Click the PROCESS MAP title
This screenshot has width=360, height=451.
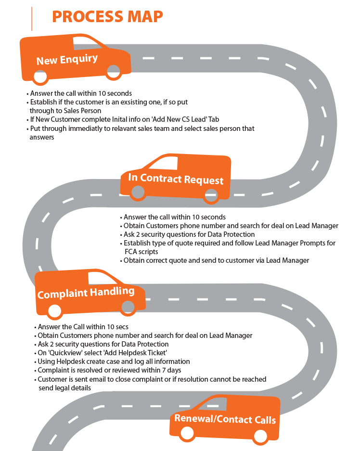(x=107, y=16)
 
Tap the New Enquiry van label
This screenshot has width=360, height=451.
(x=67, y=60)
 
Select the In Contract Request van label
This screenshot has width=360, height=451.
(x=176, y=179)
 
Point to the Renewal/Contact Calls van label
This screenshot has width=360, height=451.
(x=225, y=418)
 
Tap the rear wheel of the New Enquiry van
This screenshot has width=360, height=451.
(x=39, y=77)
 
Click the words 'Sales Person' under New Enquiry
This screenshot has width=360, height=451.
(x=84, y=111)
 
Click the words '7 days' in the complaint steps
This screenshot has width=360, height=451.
(x=170, y=370)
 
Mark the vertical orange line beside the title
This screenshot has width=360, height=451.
(x=32, y=19)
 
